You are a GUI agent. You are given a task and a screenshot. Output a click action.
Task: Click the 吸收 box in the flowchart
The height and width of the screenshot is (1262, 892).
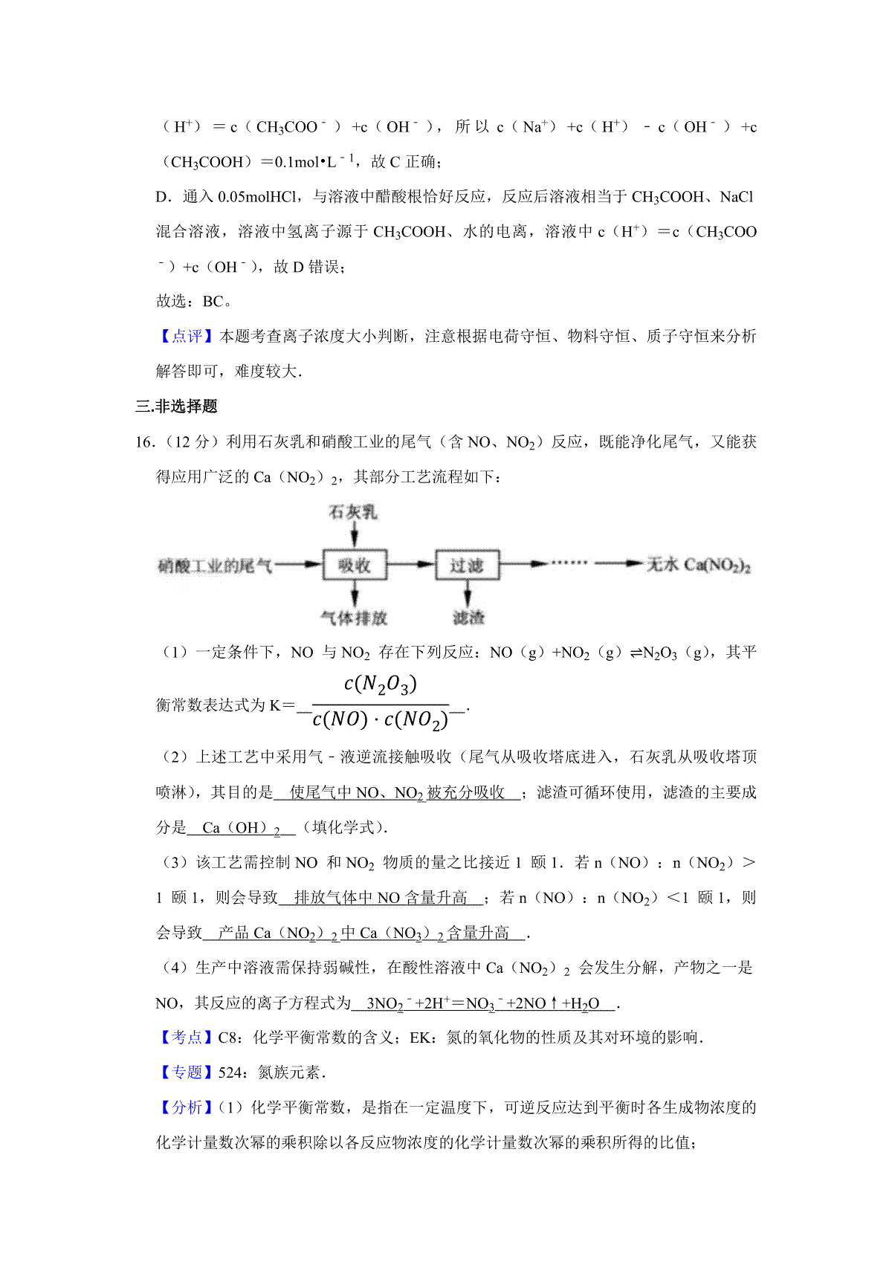tap(355, 566)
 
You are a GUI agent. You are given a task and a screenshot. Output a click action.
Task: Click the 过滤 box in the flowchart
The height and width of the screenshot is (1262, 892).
tap(467, 566)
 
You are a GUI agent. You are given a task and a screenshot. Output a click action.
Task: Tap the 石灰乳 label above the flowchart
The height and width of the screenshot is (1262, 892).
tap(353, 512)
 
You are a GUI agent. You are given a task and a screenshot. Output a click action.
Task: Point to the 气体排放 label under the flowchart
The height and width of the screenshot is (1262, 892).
tap(354, 618)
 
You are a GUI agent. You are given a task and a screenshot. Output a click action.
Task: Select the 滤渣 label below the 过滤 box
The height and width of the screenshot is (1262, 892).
tap(468, 618)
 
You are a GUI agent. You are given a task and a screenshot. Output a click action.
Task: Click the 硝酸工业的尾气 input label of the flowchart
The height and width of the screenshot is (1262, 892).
tap(215, 566)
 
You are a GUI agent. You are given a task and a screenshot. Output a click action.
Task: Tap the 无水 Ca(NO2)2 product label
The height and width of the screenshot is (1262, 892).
tap(698, 566)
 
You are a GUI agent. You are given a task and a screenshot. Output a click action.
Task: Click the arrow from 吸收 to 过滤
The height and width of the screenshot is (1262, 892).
tap(411, 565)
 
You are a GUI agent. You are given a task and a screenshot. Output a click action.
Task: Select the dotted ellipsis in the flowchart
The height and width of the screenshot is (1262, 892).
tap(569, 563)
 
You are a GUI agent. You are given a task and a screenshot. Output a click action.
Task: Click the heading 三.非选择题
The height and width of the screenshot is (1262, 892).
tap(176, 406)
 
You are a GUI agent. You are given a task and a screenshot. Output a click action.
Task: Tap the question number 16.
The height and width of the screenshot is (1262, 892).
tap(144, 441)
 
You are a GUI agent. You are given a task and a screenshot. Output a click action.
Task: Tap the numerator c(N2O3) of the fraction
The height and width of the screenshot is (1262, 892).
tap(381, 684)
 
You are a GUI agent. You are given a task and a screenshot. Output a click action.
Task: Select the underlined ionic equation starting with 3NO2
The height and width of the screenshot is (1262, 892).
tap(483, 1003)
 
